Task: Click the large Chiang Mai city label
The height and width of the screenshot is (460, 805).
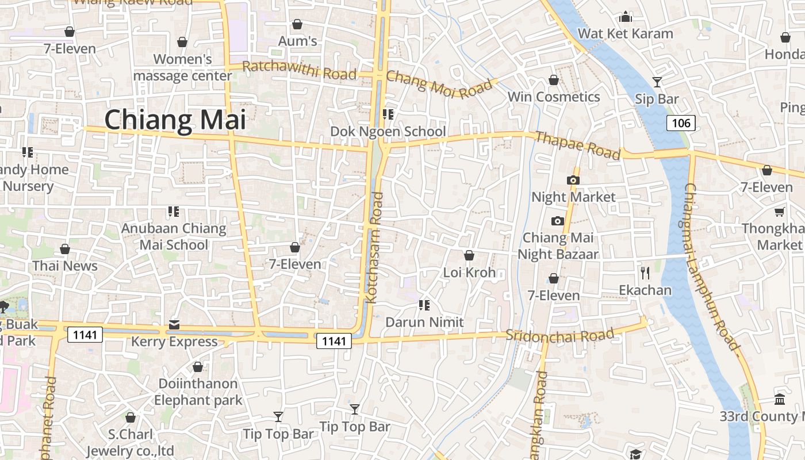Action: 175,120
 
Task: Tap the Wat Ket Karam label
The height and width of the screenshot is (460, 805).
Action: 625,33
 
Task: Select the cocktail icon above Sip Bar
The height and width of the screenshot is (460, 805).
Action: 657,82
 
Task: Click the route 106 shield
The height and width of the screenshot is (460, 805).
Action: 681,122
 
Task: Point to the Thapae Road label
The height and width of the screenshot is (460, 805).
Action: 577,145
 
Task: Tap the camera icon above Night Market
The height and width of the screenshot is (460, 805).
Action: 573,180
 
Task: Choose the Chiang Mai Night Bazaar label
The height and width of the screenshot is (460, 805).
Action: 558,246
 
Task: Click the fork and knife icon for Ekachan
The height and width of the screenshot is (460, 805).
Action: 645,273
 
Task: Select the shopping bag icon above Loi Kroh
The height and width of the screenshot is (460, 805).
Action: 469,255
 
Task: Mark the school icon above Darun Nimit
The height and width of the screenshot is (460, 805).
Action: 424,305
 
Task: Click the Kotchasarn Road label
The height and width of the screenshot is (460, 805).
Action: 374,248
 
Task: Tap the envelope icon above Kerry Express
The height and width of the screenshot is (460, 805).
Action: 174,325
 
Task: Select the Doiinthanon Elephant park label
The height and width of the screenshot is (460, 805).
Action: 198,392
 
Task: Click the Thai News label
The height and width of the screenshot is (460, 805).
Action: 65,266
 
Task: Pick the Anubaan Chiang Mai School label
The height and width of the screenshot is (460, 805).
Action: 174,236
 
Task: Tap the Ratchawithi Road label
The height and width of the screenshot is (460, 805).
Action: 299,70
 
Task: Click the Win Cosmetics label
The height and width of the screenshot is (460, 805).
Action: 553,97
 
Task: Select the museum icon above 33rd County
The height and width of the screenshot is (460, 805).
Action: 780,398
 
